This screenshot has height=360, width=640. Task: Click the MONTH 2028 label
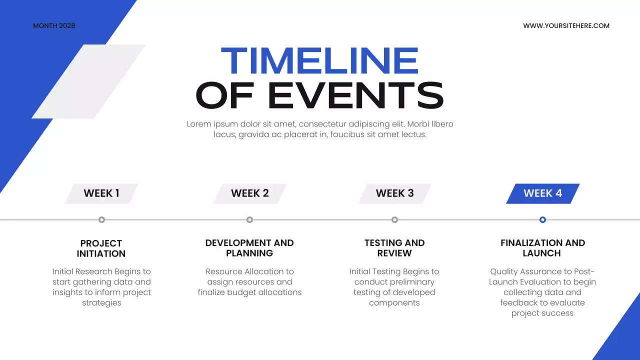pos(54,25)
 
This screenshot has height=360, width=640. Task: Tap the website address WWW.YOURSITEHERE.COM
pos(566,25)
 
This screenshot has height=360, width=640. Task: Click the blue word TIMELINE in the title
pos(319,61)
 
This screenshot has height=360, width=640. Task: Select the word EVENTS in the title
pos(356,95)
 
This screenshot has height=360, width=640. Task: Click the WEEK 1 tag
pos(101,193)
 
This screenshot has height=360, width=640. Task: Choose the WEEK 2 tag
pos(249,193)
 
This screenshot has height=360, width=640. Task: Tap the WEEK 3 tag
pos(394,193)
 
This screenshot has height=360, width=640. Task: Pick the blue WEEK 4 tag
pos(542,193)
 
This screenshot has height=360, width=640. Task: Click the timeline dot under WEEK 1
pos(101,219)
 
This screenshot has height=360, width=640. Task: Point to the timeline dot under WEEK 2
pos(249,219)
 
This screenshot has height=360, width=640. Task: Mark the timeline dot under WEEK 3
pos(394,219)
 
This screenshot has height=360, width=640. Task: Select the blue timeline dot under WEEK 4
pos(542,219)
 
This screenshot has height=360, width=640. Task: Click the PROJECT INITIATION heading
pos(101,248)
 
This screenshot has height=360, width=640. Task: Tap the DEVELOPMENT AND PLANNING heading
pos(249,248)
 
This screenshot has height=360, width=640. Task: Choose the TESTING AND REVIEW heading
pos(394,248)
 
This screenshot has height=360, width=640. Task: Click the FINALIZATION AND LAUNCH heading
pos(542,248)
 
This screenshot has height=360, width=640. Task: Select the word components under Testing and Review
pos(394,303)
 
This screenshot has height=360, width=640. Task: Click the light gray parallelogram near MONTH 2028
pos(88,81)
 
